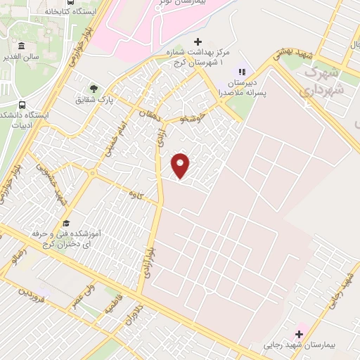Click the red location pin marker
point(181,165)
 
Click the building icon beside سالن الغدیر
point(21,46)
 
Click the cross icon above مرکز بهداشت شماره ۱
point(198,42)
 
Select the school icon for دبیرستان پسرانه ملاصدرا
point(242,71)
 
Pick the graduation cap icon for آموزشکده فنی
point(65,223)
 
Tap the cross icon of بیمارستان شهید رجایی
point(299,332)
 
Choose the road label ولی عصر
point(82,295)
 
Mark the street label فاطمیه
point(113,304)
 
